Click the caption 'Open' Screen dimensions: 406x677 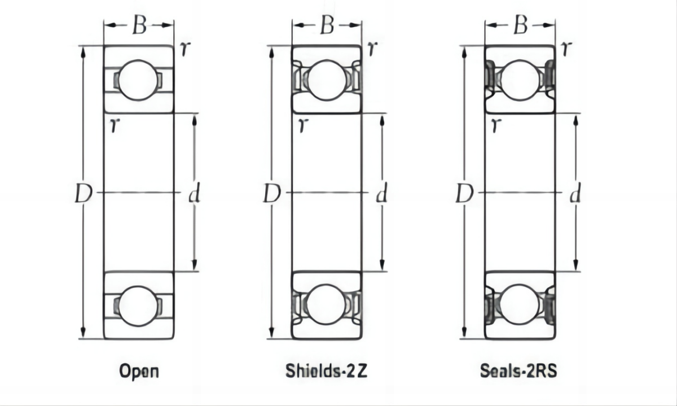[x=139, y=372]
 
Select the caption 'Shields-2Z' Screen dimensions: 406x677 [x=327, y=372]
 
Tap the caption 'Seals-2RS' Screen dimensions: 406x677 [x=518, y=372]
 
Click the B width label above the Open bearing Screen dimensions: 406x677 [x=139, y=26]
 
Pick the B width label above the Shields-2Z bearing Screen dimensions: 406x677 [x=327, y=26]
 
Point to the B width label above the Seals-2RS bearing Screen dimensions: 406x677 [x=520, y=26]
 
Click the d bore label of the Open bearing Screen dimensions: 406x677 [x=194, y=195]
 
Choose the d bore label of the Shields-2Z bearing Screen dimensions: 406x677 [x=382, y=195]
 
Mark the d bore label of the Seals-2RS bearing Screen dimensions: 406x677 [x=575, y=195]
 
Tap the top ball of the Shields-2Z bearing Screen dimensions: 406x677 [x=327, y=80]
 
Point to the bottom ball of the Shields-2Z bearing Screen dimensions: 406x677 [x=327, y=304]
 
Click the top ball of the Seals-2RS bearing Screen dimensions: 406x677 [x=520, y=80]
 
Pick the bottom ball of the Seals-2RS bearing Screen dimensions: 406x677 [x=520, y=304]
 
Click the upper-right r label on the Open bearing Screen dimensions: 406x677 [x=183, y=50]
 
